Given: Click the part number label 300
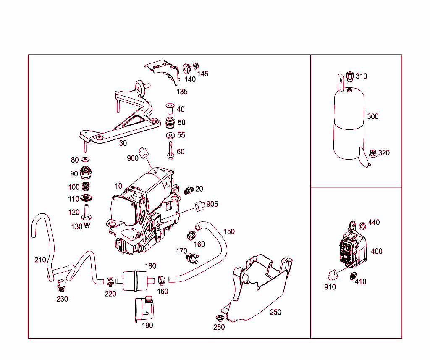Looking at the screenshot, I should pyautogui.click(x=372, y=116).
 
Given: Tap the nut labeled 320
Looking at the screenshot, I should pyautogui.click(x=372, y=153).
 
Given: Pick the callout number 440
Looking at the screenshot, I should pyautogui.click(x=374, y=222).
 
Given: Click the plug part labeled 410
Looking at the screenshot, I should pyautogui.click(x=352, y=276).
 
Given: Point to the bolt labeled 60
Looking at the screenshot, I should pyautogui.click(x=170, y=150).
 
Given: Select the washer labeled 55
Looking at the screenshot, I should pyautogui.click(x=170, y=135).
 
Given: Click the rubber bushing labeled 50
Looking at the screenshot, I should pyautogui.click(x=170, y=123).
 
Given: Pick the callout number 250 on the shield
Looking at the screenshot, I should pyautogui.click(x=275, y=312).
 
